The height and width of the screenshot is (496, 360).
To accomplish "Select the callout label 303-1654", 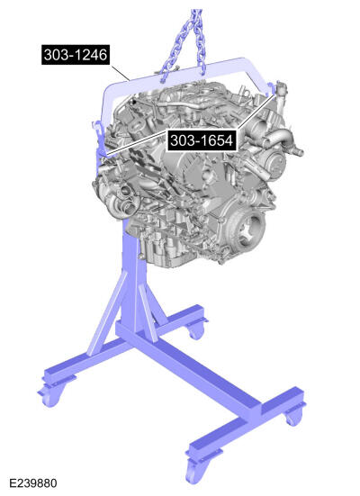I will tap(201, 140).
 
